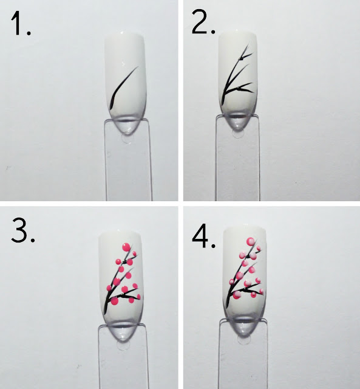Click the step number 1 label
click(x=21, y=24)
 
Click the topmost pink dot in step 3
click(x=126, y=247)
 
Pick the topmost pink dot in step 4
click(x=251, y=241)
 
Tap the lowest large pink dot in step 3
click(x=115, y=301)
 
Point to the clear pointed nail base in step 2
click(x=237, y=122)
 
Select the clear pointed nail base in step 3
click(x=123, y=331)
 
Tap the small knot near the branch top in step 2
click(x=240, y=59)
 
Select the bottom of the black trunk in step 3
click(x=105, y=312)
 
